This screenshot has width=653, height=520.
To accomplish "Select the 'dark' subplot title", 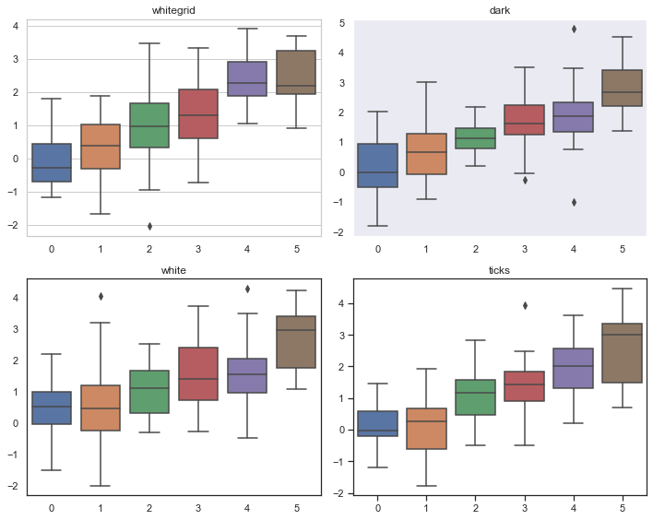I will pyautogui.click(x=501, y=10).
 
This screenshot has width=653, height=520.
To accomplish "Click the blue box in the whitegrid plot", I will pyautogui.click(x=52, y=162).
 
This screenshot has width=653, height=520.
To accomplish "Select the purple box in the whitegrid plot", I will pyautogui.click(x=247, y=78).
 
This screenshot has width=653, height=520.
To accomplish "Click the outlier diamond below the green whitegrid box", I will pyautogui.click(x=149, y=226).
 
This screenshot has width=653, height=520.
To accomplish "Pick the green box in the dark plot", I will pyautogui.click(x=476, y=138).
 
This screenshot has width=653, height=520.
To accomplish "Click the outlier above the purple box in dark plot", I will pyautogui.click(x=574, y=29).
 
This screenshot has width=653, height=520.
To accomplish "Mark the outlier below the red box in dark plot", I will pyautogui.click(x=525, y=180).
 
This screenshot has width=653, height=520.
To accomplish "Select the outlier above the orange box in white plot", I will pyautogui.click(x=101, y=296).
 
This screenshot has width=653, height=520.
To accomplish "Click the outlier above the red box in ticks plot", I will pyautogui.click(x=525, y=305).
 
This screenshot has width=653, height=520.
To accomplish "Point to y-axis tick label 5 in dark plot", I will pyautogui.click(x=342, y=23).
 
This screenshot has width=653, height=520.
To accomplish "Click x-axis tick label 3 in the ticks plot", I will pyautogui.click(x=525, y=508).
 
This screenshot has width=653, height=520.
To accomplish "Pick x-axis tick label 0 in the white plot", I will pyautogui.click(x=52, y=508).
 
